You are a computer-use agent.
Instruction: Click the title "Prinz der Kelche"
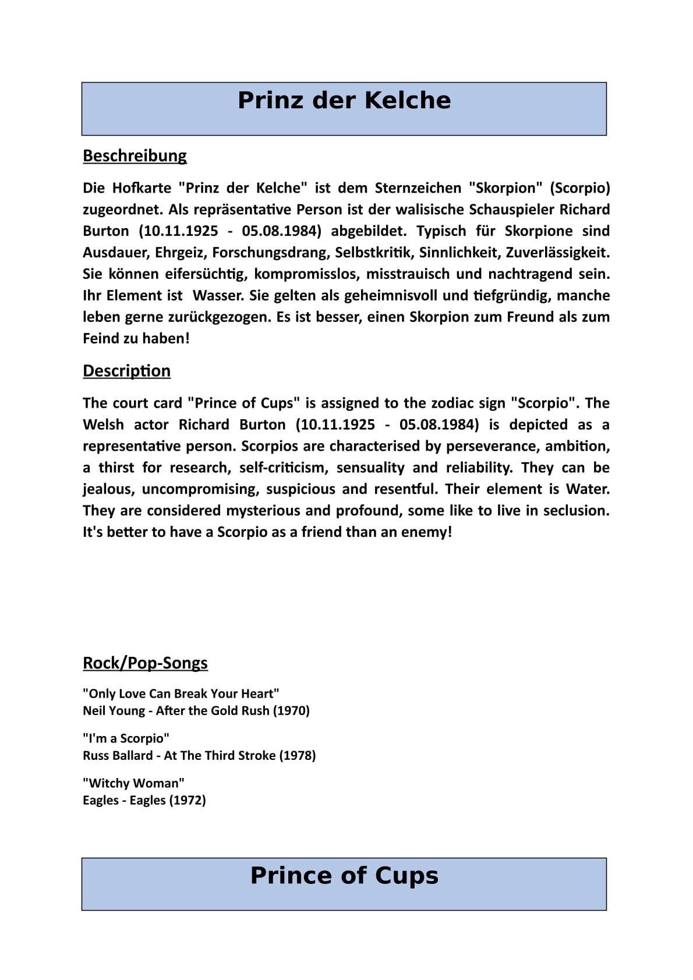tap(344, 100)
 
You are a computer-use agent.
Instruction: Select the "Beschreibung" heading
tap(135, 156)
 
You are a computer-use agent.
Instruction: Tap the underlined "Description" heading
tap(126, 371)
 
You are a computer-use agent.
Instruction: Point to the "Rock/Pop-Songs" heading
tap(145, 663)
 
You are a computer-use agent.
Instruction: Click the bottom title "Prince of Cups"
tap(344, 876)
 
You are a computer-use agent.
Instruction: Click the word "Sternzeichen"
tap(418, 188)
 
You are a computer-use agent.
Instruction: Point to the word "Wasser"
tap(217, 296)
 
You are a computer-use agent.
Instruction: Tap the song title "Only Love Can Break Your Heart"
tap(181, 694)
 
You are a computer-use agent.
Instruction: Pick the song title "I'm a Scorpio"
tap(126, 739)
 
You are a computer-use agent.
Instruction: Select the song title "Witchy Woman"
tap(133, 784)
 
